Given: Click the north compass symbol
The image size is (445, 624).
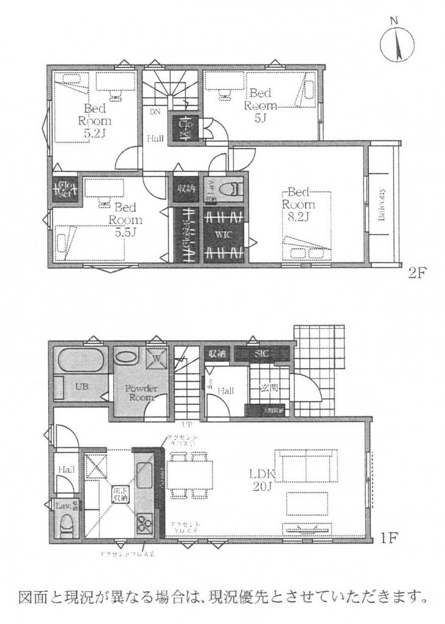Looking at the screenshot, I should (x=395, y=43).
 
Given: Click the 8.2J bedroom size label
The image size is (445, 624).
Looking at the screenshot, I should (x=299, y=214).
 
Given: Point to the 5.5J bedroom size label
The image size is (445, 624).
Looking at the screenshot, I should (x=127, y=231).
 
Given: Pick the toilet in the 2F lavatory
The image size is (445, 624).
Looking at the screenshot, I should (x=231, y=189).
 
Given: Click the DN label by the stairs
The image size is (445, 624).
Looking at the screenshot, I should (x=155, y=112).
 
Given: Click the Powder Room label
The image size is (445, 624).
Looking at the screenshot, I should (x=142, y=392).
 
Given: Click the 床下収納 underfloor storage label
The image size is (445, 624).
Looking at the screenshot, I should (x=119, y=494).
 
